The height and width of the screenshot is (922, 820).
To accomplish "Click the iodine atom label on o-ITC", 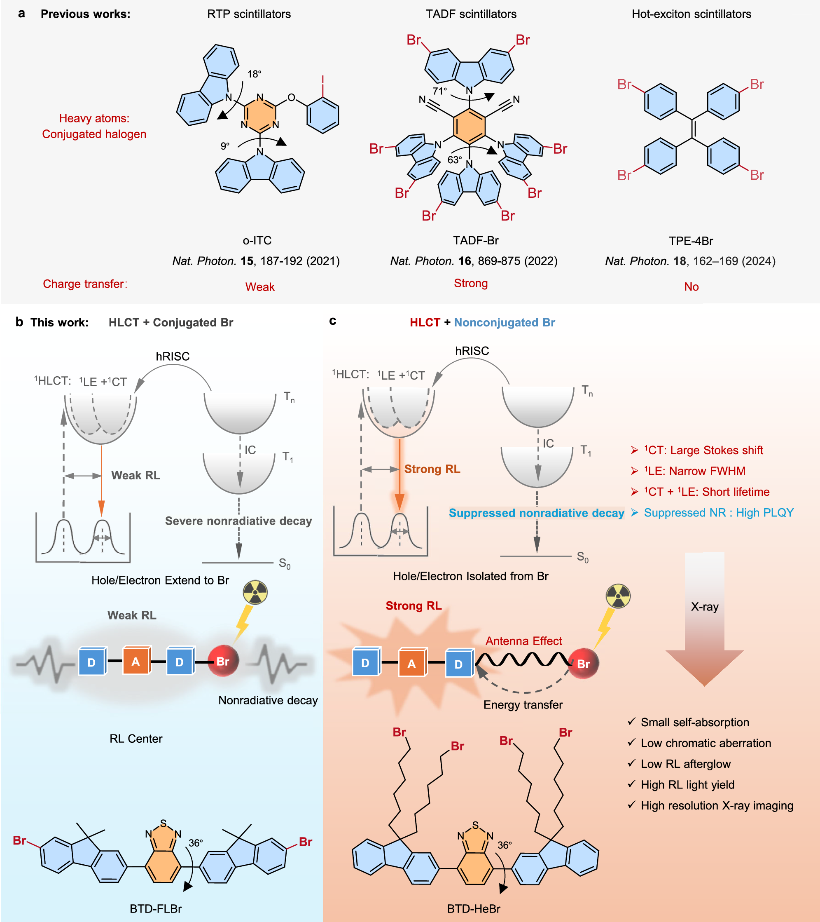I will pyautogui.click(x=323, y=80).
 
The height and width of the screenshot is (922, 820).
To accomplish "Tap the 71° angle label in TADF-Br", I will pyautogui.click(x=439, y=91).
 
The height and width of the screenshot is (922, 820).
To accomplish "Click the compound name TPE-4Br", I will pyautogui.click(x=691, y=241).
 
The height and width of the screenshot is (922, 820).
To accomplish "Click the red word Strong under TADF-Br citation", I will pyautogui.click(x=471, y=283).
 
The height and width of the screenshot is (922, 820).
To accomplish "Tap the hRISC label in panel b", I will pyautogui.click(x=173, y=357).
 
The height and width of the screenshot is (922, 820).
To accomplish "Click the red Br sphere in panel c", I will pyautogui.click(x=583, y=664).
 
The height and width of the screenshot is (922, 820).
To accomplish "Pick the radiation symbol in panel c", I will pyautogui.click(x=618, y=596).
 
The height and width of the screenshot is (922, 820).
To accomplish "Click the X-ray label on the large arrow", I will pyautogui.click(x=705, y=607).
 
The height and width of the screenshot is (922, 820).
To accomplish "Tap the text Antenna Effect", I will pyautogui.click(x=523, y=641).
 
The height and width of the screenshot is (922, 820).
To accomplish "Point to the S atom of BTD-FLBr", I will pyautogui.click(x=163, y=823).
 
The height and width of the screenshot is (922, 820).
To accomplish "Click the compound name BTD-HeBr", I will pyautogui.click(x=473, y=909).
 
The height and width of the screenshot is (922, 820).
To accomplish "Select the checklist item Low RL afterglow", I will pyautogui.click(x=685, y=764).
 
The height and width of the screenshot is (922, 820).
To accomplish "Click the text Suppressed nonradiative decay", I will pyautogui.click(x=536, y=513).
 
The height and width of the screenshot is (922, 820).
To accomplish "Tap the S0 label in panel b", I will pyautogui.click(x=285, y=563).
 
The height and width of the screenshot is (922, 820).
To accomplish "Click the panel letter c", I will pyautogui.click(x=333, y=321).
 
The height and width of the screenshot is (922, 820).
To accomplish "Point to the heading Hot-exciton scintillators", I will pyautogui.click(x=691, y=14).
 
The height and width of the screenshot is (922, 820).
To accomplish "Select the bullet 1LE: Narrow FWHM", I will pyautogui.click(x=696, y=471).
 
